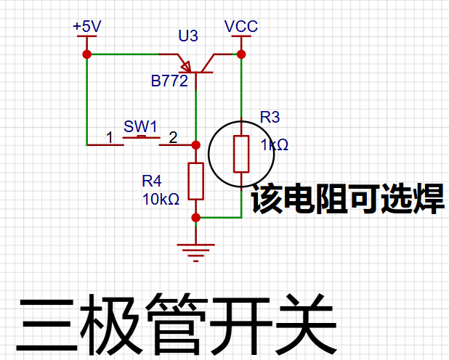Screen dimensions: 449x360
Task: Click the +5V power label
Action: [x=87, y=26]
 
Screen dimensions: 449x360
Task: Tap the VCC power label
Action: [x=241, y=26]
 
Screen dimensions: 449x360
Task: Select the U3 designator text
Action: [x=188, y=36]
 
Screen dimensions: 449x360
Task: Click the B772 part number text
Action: [x=169, y=81]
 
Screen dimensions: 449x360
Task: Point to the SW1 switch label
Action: [x=140, y=126]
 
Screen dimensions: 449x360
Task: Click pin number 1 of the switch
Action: [x=110, y=138]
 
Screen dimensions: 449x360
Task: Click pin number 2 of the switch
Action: [x=173, y=138]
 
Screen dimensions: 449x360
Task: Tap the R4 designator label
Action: [x=152, y=181]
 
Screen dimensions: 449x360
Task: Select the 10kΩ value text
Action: [x=161, y=199]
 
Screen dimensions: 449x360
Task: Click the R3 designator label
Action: [x=270, y=117]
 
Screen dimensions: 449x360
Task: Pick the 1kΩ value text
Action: [x=275, y=145]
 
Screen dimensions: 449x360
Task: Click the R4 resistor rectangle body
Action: [x=196, y=181]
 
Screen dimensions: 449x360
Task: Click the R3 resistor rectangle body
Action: [x=241, y=155]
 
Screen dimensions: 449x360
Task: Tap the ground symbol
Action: [x=196, y=253]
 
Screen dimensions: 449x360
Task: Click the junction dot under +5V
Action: [x=86, y=54]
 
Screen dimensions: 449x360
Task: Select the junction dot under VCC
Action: [x=241, y=54]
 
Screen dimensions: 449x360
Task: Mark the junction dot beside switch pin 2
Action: [x=196, y=145]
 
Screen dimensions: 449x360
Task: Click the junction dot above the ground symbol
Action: [x=196, y=218]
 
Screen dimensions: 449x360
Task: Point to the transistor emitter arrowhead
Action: [x=186, y=67]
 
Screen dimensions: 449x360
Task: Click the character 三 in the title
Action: [x=46, y=325]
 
